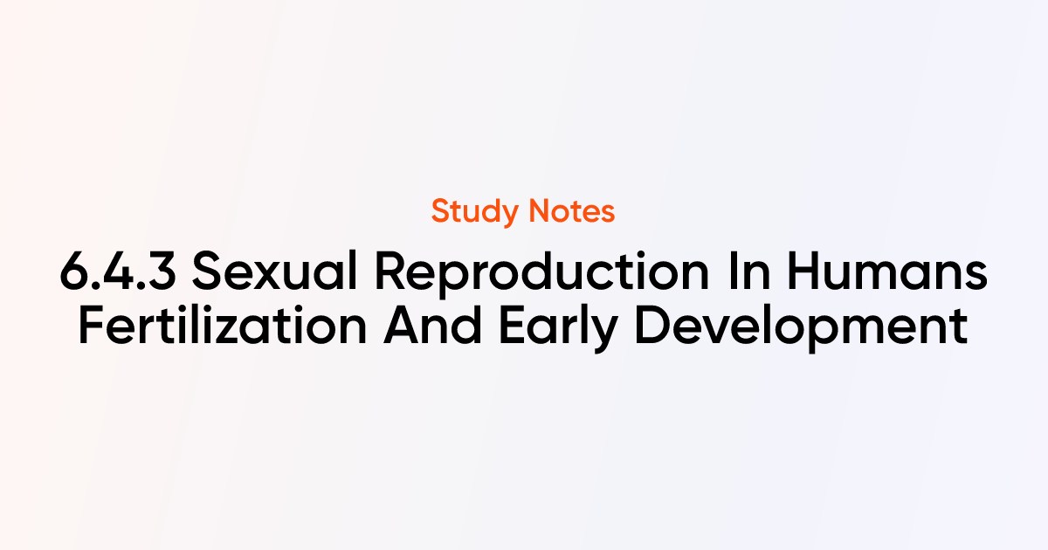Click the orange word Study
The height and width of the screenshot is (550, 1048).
(x=475, y=212)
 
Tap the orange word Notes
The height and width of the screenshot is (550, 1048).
(x=572, y=211)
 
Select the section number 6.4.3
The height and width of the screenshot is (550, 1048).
(x=118, y=272)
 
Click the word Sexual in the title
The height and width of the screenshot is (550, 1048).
(x=274, y=271)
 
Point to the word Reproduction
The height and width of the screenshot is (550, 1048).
(x=542, y=274)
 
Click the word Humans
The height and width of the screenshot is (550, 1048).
(x=887, y=272)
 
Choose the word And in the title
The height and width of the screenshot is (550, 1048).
(x=433, y=325)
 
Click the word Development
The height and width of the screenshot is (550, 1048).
(x=802, y=328)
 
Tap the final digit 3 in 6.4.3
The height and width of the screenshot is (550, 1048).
(x=162, y=272)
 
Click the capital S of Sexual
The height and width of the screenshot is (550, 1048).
(x=207, y=271)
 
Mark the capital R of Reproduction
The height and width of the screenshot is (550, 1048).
(x=391, y=272)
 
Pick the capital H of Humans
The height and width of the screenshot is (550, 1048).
(x=804, y=272)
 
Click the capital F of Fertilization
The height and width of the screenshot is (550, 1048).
(x=92, y=326)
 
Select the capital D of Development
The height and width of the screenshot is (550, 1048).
(x=652, y=326)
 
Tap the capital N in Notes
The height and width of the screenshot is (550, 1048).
(x=540, y=211)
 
